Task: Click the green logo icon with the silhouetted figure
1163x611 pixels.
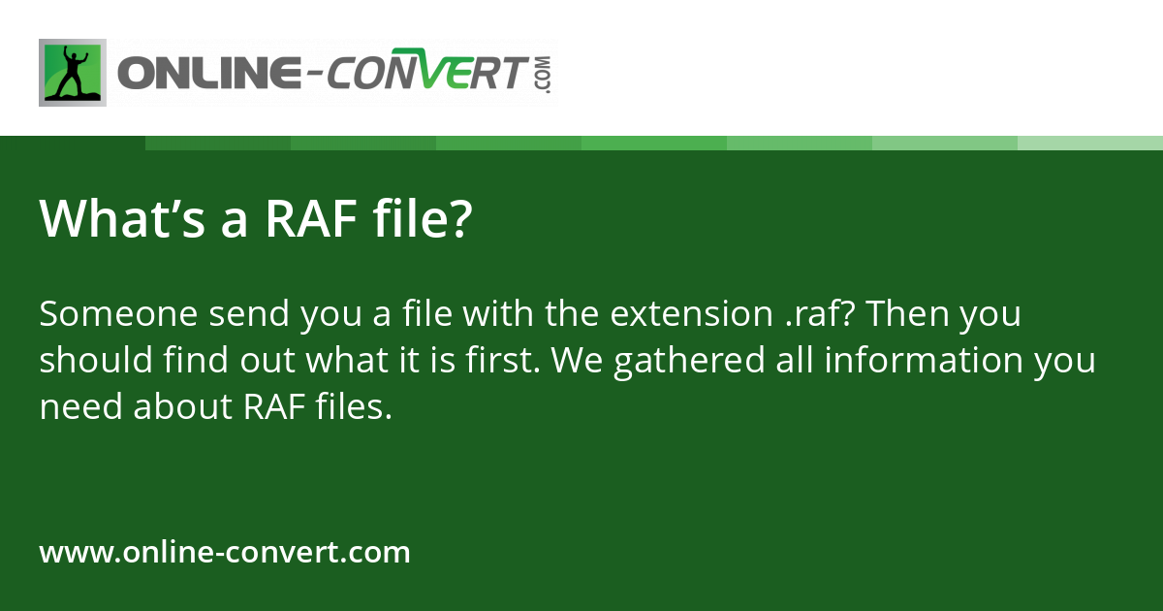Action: tap(73, 73)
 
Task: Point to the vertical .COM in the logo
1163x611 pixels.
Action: tap(544, 75)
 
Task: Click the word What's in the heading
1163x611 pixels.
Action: tap(122, 218)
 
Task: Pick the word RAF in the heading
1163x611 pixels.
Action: tap(311, 218)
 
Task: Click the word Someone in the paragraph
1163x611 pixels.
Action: tap(118, 314)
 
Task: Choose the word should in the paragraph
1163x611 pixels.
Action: tap(96, 360)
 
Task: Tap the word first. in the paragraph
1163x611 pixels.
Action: tap(503, 360)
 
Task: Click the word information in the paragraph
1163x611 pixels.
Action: tap(924, 360)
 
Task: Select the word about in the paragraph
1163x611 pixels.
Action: tap(183, 406)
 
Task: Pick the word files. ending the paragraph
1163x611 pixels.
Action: tap(354, 405)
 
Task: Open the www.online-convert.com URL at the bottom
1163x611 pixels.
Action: tap(225, 552)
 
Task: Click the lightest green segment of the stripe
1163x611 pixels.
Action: tap(1090, 143)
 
